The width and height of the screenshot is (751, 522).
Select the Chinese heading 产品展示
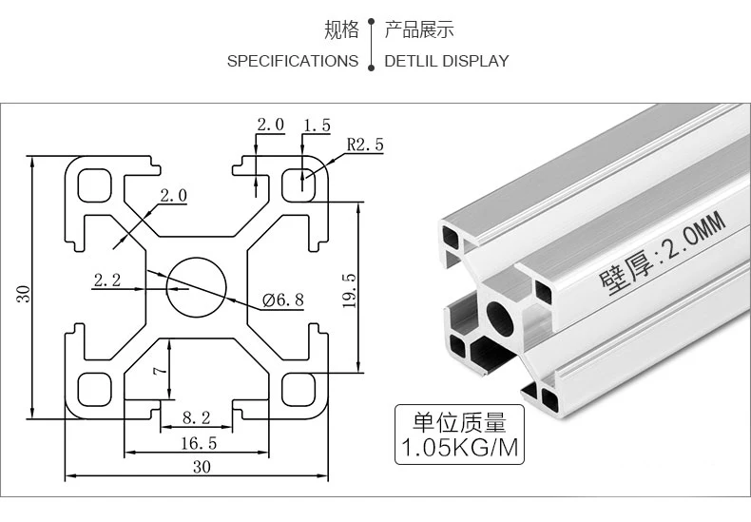(x=419, y=30)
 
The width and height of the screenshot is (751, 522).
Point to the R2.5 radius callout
(x=365, y=145)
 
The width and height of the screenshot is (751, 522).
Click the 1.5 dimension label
(x=317, y=126)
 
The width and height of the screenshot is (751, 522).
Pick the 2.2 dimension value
(x=107, y=280)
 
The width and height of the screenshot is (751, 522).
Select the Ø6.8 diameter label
(x=282, y=300)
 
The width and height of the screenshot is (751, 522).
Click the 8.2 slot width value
(x=196, y=417)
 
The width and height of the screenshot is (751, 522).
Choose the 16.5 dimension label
(x=198, y=443)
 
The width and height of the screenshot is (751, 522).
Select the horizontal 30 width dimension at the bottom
(x=202, y=467)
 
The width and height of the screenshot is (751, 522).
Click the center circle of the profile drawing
(x=197, y=286)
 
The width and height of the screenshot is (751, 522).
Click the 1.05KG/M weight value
(x=460, y=448)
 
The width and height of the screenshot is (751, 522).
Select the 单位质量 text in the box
(x=460, y=422)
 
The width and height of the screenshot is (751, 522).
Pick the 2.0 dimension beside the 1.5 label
(x=270, y=126)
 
